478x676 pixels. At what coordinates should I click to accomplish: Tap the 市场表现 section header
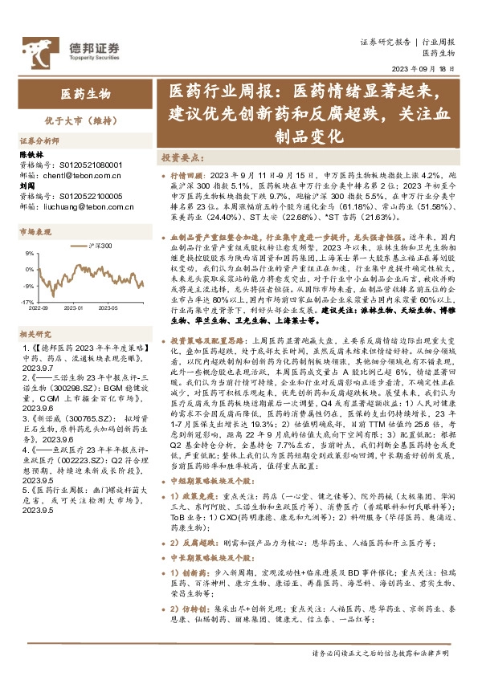[35, 231]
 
